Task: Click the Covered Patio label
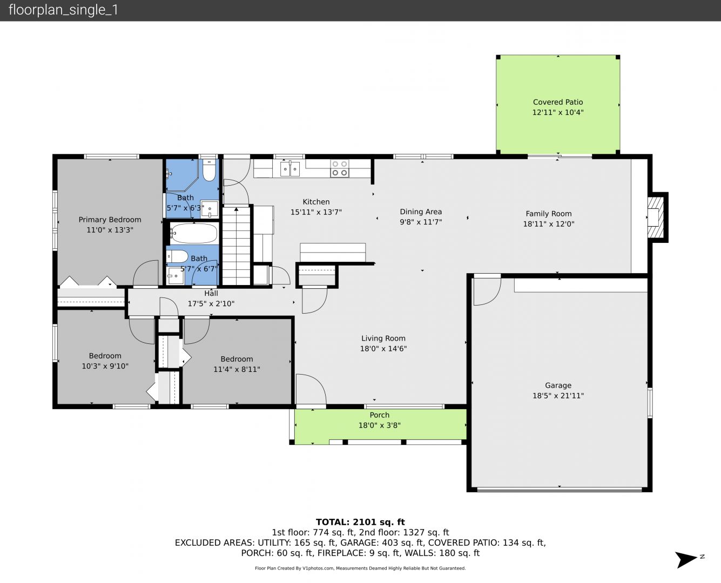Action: (558, 102)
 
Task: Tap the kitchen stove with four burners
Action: (340, 168)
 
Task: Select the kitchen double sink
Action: (290, 168)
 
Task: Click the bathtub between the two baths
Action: (193, 233)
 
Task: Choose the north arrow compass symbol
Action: (687, 560)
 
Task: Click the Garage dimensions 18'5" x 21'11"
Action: (558, 396)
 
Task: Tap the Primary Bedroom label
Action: (110, 220)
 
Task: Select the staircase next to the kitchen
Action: (236, 246)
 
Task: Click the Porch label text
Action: (380, 415)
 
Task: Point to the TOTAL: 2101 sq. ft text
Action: (360, 522)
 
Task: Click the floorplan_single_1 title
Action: (63, 10)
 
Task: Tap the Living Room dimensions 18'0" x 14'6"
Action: (383, 349)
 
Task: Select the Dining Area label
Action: (421, 212)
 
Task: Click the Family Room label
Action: (548, 214)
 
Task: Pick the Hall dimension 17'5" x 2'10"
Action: (211, 303)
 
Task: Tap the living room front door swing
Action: (311, 389)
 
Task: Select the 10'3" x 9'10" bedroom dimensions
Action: (105, 366)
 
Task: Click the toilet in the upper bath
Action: (209, 170)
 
